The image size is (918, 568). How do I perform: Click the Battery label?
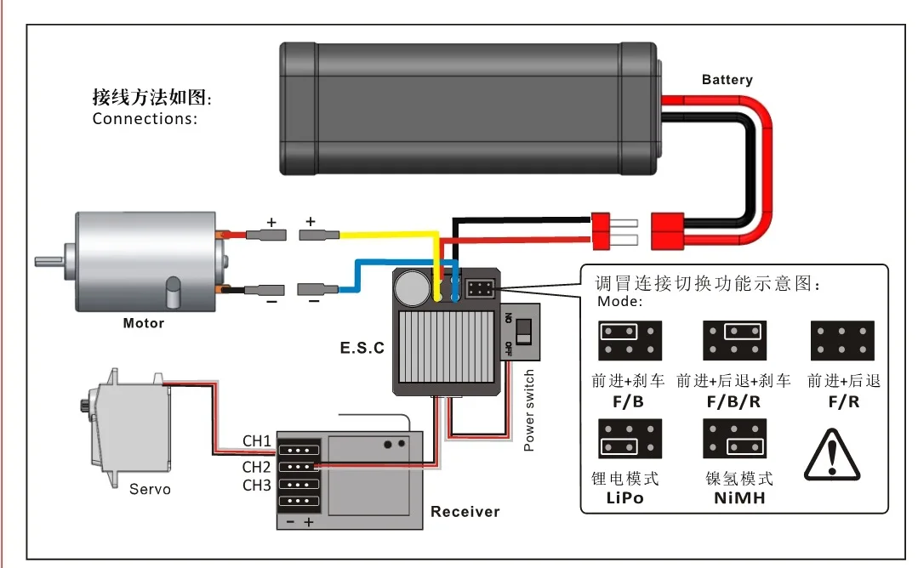pyautogui.click(x=727, y=80)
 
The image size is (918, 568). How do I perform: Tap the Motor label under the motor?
pyautogui.click(x=143, y=323)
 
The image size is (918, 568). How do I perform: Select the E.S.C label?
pyautogui.click(x=362, y=348)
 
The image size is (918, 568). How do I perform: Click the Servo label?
pyautogui.click(x=150, y=489)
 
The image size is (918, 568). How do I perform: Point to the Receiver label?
pyautogui.click(x=465, y=511)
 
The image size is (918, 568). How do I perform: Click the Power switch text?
pyautogui.click(x=529, y=410)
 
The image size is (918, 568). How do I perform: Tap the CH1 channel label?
pyautogui.click(x=256, y=441)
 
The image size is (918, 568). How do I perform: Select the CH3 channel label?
pyautogui.click(x=256, y=486)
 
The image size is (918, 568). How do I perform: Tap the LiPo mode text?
pyautogui.click(x=624, y=498)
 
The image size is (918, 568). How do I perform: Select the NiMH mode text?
pyautogui.click(x=738, y=498)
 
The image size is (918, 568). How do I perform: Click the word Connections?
pyautogui.click(x=145, y=118)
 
